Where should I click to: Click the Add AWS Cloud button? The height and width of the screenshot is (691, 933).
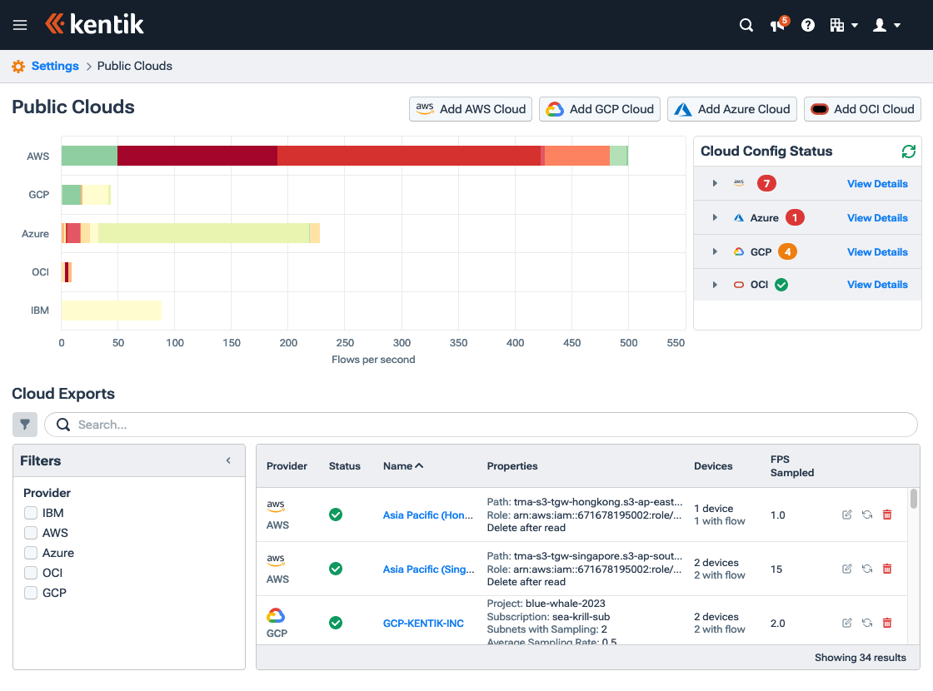[471, 109]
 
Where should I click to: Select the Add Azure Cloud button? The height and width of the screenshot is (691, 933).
[731, 109]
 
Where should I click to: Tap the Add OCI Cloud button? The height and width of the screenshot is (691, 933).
[862, 109]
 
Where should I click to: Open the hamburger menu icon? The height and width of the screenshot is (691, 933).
[20, 25]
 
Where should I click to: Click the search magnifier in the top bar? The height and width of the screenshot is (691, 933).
[746, 25]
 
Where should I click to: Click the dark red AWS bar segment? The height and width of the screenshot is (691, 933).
[197, 156]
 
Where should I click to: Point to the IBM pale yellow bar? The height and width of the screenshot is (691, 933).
[111, 311]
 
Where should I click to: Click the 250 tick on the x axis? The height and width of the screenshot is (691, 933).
[345, 343]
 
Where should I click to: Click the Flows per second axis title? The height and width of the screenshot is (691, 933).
[373, 360]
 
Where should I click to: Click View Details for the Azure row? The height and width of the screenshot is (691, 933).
[877, 218]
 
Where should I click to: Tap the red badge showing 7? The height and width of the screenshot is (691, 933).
[766, 183]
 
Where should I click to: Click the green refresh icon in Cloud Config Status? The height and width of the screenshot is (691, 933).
[909, 152]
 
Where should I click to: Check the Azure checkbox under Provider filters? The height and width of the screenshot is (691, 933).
[31, 553]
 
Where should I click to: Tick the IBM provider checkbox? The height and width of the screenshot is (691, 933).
[31, 513]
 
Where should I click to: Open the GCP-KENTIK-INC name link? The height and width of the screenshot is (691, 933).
[423, 624]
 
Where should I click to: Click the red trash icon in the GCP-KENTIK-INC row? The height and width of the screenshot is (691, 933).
[886, 623]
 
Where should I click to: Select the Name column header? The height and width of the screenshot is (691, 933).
[402, 466]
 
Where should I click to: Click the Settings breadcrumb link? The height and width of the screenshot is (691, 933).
[55, 66]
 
